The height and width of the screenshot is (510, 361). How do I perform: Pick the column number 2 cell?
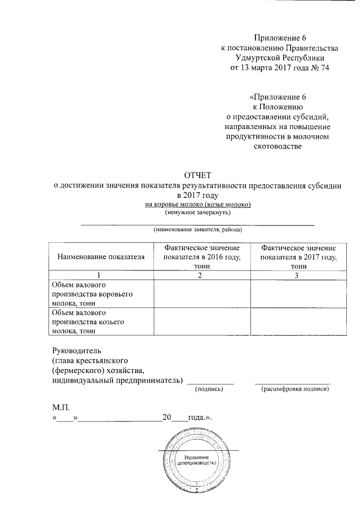click(201, 275)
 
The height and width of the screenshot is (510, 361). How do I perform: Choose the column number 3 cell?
click(298, 275)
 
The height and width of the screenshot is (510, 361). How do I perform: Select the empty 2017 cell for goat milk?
click(298, 322)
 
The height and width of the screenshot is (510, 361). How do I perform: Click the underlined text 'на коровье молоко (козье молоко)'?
click(197, 204)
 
